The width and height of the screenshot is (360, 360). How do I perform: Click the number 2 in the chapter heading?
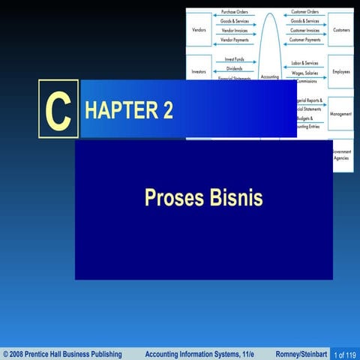click(x=167, y=110)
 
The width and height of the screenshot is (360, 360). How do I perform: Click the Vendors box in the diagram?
click(x=199, y=30)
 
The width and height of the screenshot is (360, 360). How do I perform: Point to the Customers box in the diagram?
click(x=340, y=30)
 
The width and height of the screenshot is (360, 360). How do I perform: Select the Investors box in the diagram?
click(x=199, y=71)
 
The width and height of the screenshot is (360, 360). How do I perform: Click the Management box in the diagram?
click(x=340, y=114)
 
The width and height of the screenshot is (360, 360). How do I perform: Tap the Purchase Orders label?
click(x=235, y=13)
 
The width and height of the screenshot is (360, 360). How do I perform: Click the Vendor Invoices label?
click(x=235, y=31)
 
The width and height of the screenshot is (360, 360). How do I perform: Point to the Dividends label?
click(x=234, y=68)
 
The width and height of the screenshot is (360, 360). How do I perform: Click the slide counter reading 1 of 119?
click(x=345, y=354)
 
